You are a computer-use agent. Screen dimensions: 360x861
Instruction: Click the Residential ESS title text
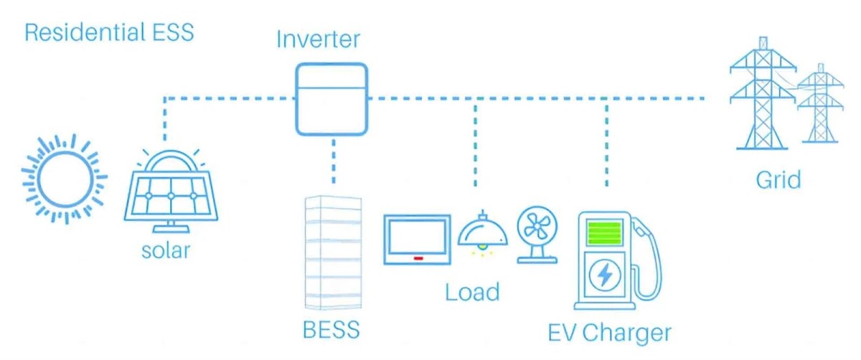(x=109, y=33)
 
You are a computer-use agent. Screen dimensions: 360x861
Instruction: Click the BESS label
(x=331, y=331)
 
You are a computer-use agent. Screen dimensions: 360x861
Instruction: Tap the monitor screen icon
(x=417, y=240)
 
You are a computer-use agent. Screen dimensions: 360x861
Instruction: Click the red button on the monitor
(x=417, y=257)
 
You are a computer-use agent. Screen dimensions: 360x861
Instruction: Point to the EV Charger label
(x=609, y=333)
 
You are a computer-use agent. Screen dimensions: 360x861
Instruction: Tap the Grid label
(x=778, y=179)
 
